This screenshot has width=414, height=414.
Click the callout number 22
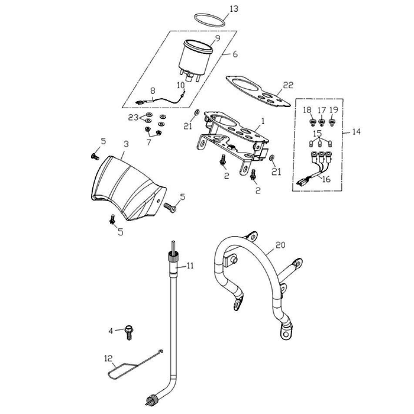coord(288,85)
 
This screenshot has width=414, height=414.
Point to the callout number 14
coord(356,132)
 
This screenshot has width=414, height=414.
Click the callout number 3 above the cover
coord(125,144)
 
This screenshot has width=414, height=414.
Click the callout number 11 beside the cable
coord(190,267)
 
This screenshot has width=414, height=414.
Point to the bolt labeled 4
coord(129,333)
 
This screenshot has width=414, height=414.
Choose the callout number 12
coord(108,358)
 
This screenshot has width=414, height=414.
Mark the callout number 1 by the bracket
coord(262,120)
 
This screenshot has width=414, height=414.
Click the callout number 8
coord(153,90)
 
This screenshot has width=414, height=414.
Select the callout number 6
coord(235,54)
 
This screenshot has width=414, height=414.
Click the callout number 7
coord(149,143)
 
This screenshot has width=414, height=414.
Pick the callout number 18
coord(307,111)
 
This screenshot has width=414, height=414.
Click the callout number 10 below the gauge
coord(182,85)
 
